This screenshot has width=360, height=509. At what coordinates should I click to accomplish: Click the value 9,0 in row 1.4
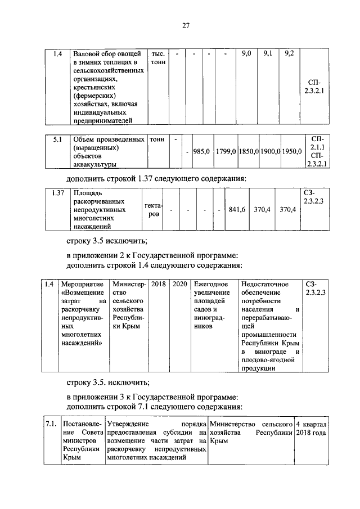pos(246,54)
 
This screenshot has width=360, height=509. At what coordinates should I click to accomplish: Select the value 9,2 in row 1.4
pos(290,54)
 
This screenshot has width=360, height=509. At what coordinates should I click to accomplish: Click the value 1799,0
pos(224,151)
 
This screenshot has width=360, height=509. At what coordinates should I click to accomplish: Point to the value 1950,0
pos(292,151)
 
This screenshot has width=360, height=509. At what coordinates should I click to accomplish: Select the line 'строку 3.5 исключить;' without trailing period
pos(107,242)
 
